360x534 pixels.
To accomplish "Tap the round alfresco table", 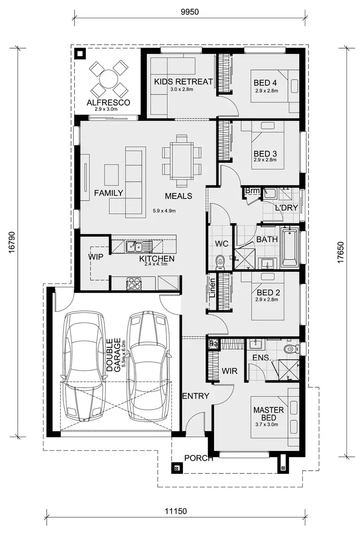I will point(108,78).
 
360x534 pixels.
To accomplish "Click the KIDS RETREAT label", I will point(183,82).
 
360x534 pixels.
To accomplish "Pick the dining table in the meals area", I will point(182,160).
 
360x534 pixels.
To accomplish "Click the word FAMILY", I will point(108,193).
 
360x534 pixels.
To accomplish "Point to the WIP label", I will point(96,257).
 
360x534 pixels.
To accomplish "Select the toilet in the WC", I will point(220,262).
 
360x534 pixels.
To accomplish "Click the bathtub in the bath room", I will point(290,248).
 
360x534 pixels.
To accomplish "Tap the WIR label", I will point(230,371).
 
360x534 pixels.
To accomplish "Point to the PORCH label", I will point(199,458).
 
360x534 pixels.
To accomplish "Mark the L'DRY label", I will point(287,208).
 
